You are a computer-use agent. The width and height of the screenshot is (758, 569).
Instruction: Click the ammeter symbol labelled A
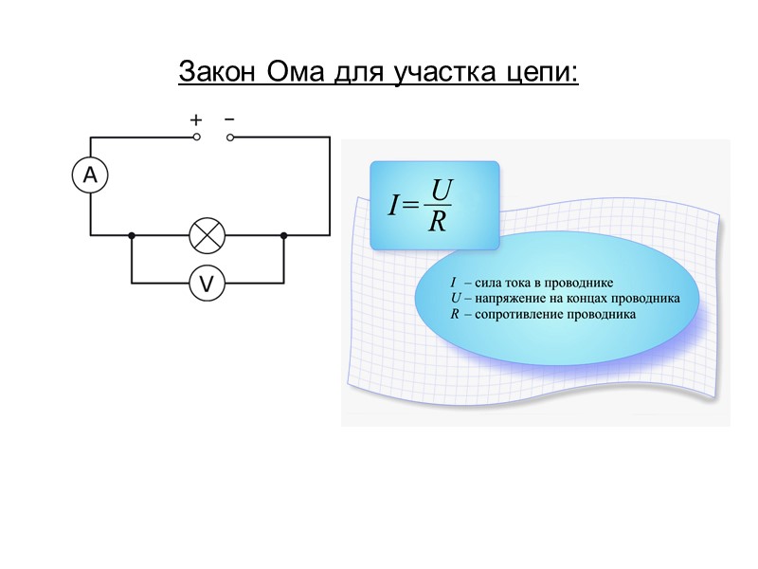click(91, 175)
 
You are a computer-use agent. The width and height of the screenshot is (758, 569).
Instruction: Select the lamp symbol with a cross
click(207, 234)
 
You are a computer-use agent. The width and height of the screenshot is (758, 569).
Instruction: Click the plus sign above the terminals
click(196, 120)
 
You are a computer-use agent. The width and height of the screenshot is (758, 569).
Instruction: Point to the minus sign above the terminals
click(229, 119)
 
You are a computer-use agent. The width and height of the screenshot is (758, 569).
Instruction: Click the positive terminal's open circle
click(197, 137)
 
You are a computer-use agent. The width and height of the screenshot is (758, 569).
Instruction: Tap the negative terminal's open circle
click(230, 137)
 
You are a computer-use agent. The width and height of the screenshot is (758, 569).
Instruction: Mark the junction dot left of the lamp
click(132, 234)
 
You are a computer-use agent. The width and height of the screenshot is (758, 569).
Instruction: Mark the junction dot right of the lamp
click(283, 234)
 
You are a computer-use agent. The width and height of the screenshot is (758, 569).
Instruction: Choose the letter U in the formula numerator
click(438, 191)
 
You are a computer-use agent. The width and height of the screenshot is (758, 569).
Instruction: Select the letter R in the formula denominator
click(437, 222)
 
